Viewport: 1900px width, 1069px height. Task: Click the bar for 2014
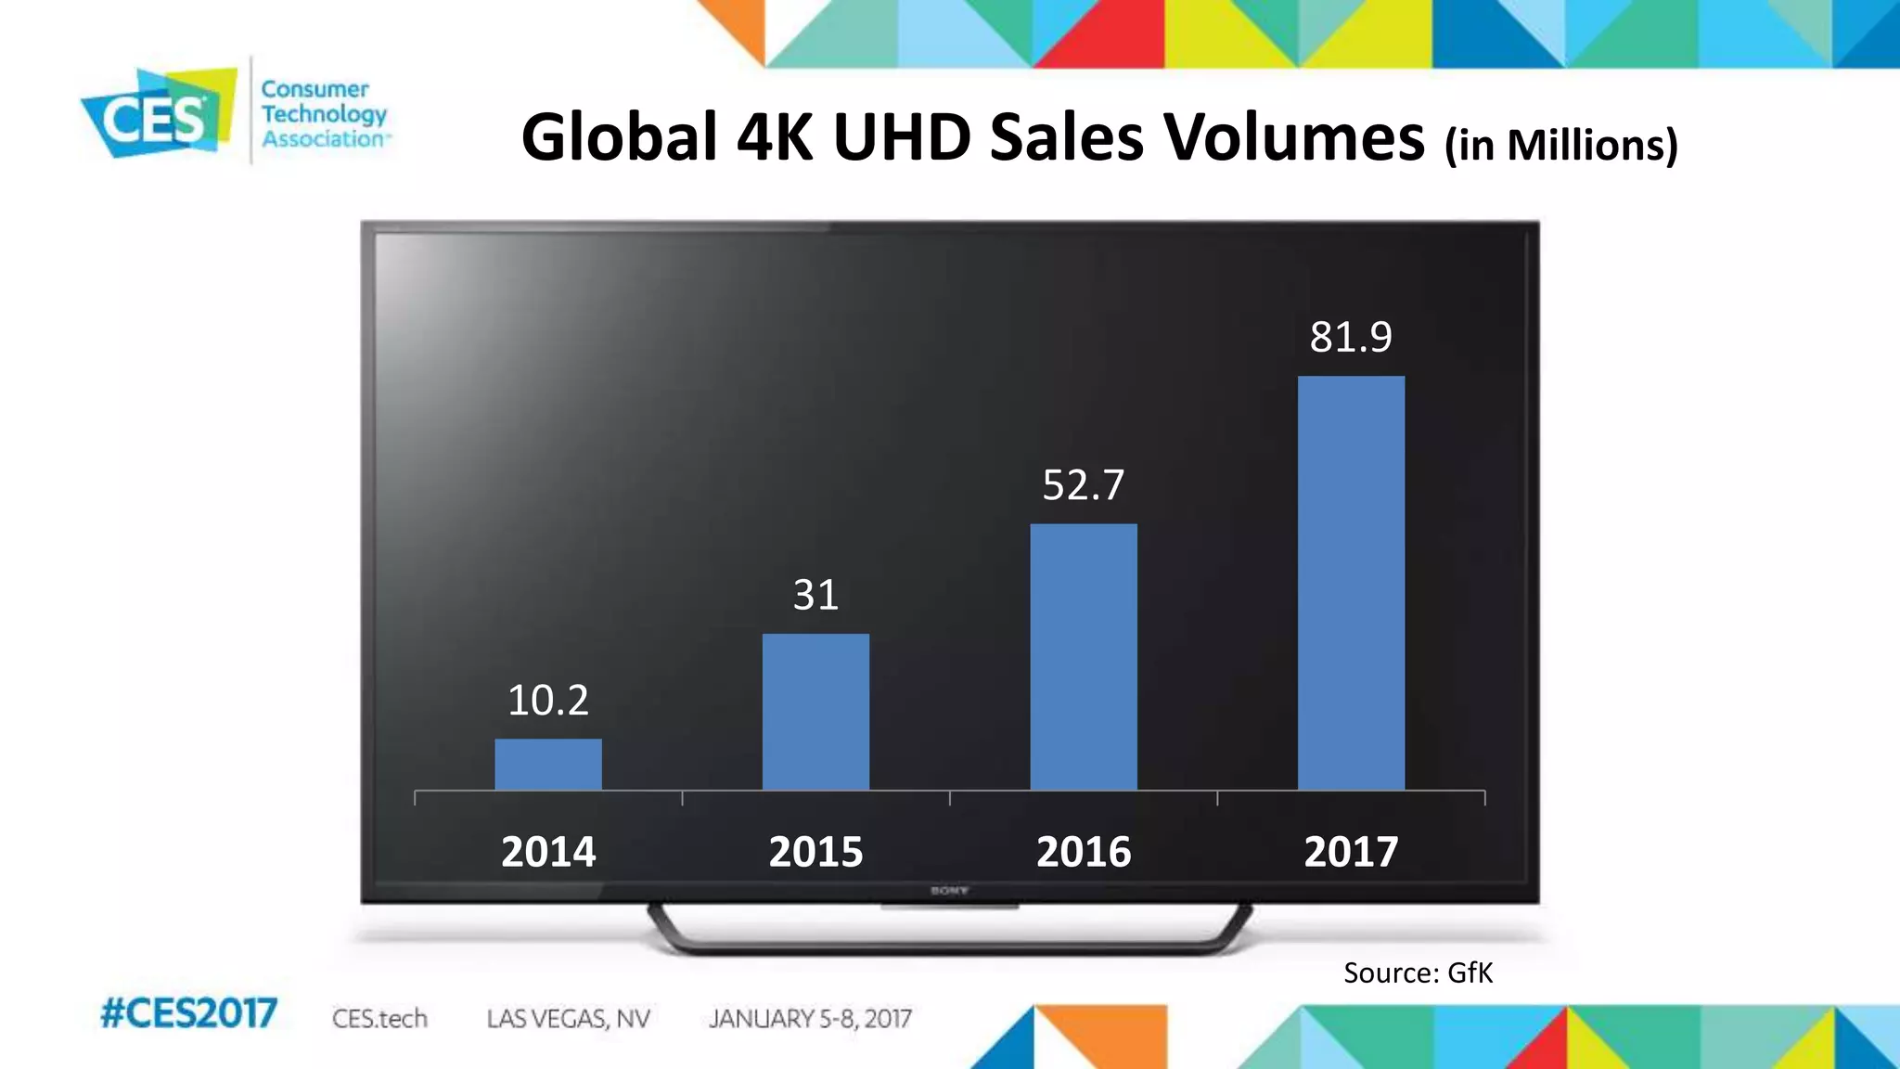[547, 765]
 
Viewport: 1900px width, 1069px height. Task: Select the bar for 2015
[815, 712]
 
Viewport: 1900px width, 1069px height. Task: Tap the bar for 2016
[1083, 657]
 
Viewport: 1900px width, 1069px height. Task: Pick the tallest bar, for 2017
[1351, 583]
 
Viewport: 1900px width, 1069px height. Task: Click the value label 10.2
[547, 700]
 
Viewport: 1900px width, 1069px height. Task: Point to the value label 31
[815, 595]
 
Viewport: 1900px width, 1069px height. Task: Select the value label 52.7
[1083, 485]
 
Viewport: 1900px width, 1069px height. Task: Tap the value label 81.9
[1351, 337]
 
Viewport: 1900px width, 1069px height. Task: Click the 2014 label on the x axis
[547, 852]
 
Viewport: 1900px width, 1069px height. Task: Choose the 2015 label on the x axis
[815, 852]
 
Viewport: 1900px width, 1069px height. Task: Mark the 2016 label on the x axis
[1083, 852]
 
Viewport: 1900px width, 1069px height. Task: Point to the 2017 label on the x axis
[1351, 852]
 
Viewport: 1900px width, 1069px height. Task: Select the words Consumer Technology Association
[322, 114]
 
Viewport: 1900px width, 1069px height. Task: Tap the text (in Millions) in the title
[1561, 145]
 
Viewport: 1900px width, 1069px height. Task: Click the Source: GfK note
[1418, 972]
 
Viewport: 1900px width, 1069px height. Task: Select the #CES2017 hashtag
[188, 1013]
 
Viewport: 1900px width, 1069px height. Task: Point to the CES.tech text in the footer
[379, 1019]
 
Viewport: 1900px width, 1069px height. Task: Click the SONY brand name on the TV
[949, 891]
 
